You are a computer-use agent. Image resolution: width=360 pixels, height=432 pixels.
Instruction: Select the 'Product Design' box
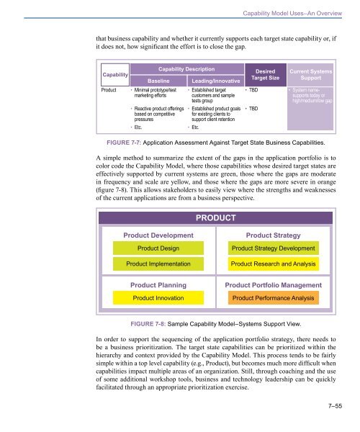pyautogui.click(x=159, y=248)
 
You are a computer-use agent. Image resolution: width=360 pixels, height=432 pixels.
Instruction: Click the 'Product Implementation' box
pyautogui.click(x=159, y=265)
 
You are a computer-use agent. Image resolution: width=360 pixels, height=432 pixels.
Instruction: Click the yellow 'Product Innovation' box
pyautogui.click(x=159, y=297)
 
